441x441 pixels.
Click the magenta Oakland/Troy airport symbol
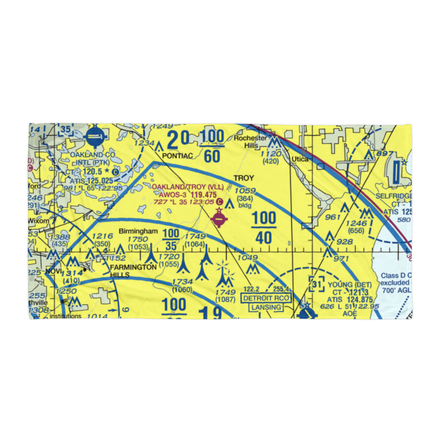click(219, 217)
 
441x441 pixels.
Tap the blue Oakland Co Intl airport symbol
click(94, 137)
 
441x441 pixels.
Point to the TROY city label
click(244, 178)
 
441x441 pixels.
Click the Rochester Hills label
click(250, 142)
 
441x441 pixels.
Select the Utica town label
click(299, 159)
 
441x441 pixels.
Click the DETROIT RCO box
click(266, 298)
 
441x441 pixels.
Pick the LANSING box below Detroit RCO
click(265, 307)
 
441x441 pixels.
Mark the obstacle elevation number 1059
click(245, 191)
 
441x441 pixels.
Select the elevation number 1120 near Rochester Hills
click(270, 153)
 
